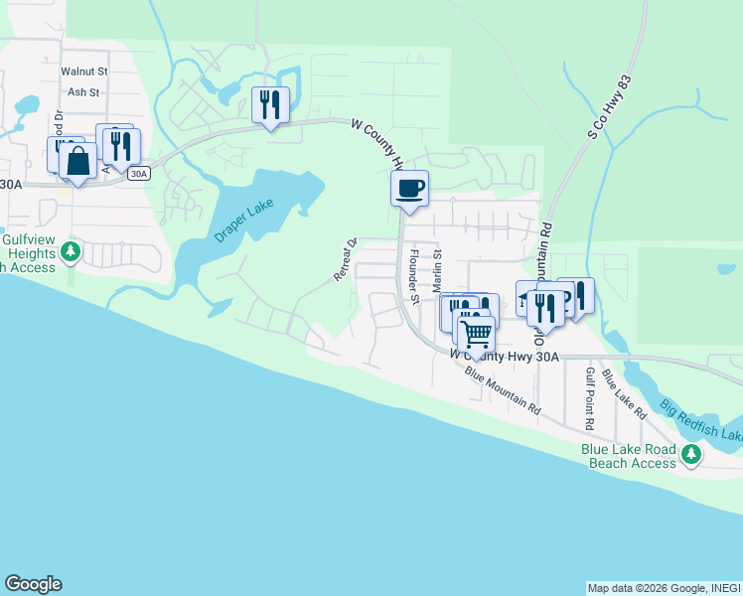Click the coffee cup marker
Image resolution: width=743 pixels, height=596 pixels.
[409, 189]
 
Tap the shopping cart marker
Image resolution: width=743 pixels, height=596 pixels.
[476, 332]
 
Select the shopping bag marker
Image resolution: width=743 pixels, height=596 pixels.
[77, 161]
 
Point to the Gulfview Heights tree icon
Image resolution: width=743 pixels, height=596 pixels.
[70, 251]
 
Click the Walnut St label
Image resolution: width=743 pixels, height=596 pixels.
[83, 72]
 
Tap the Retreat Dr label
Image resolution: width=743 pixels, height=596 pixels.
[345, 259]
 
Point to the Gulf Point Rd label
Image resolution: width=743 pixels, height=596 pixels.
[589, 398]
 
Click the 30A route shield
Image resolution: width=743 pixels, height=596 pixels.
[140, 174]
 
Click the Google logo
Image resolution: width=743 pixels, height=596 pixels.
[33, 584]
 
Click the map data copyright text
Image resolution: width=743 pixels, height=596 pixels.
[663, 588]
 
